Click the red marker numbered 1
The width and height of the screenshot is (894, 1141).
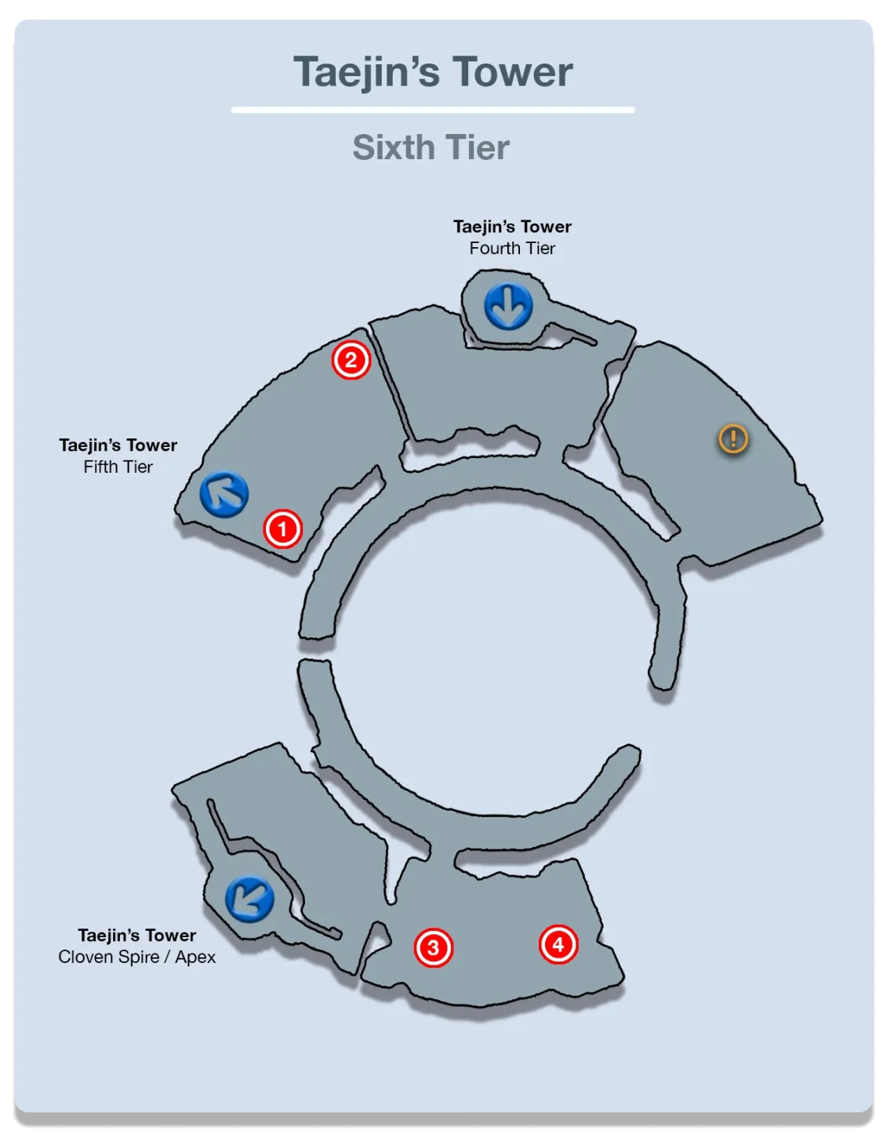coord(282,529)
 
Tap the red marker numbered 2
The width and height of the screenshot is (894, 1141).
coord(351,360)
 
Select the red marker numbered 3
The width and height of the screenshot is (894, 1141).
coord(433,947)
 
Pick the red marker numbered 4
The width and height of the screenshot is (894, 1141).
coord(558,944)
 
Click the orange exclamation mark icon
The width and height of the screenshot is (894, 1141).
coord(733,438)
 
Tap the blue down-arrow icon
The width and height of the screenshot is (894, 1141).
coord(508,305)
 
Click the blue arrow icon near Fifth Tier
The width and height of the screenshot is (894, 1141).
coord(224,494)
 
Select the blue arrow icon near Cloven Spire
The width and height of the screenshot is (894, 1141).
coord(249,899)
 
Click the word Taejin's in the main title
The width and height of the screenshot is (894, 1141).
coord(366,72)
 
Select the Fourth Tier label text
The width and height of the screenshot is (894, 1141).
coord(512,249)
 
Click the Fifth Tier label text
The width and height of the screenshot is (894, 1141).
coord(118,467)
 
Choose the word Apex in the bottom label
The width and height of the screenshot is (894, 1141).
coord(195,957)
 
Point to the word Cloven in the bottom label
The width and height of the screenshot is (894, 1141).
coord(84,957)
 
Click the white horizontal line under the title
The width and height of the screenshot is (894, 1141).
coord(432,110)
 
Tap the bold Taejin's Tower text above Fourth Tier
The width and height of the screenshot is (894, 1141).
coord(512,227)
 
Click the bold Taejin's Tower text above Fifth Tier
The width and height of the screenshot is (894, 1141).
coord(118,445)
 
